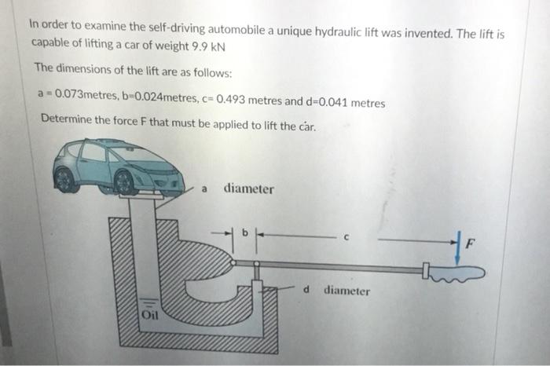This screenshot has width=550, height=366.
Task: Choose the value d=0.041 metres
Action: (343, 102)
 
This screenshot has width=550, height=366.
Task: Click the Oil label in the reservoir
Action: (149, 316)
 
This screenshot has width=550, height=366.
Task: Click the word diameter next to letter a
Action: (249, 188)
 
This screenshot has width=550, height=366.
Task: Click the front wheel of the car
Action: (124, 181)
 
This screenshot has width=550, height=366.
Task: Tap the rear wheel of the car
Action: (64, 178)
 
